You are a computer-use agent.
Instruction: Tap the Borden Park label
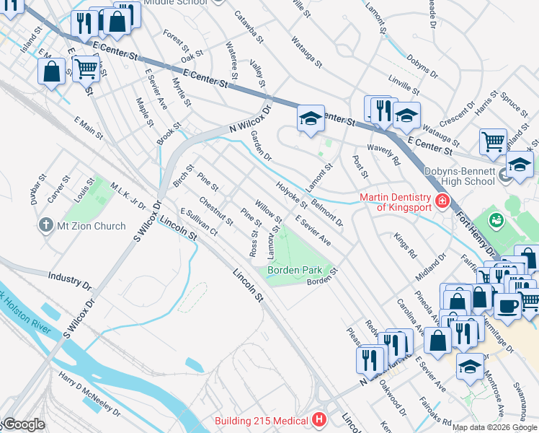295,270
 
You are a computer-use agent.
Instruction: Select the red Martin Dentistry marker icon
443,201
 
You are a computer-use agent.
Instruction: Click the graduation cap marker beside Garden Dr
310,118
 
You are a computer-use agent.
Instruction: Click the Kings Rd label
406,246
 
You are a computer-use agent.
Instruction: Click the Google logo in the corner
24,424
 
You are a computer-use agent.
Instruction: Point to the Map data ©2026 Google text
494,427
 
